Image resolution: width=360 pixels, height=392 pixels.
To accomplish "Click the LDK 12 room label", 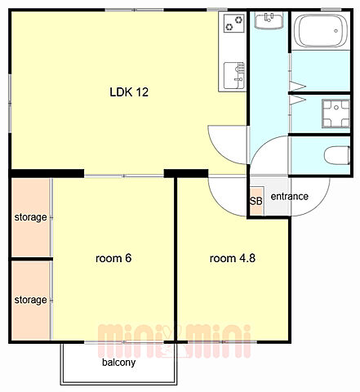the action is click(129, 92).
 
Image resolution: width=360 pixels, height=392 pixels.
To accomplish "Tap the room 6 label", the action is click(113, 258).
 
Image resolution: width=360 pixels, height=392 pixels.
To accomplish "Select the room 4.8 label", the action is click(233, 258).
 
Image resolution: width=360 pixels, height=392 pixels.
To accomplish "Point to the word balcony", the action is click(118, 363).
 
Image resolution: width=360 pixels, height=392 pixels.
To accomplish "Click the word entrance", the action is click(290, 196).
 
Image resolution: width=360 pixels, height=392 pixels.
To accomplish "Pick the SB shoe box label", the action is click(256, 201).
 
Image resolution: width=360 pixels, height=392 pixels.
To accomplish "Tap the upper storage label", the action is click(30, 217).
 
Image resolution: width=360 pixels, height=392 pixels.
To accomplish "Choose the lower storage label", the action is click(30, 300).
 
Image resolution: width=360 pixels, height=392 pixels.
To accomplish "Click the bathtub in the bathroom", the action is click(321, 30).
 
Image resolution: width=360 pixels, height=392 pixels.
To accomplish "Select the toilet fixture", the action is click(337, 155).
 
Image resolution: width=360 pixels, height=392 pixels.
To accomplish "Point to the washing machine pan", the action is click(336, 114).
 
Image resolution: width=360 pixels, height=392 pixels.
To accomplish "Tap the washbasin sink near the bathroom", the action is click(269, 20).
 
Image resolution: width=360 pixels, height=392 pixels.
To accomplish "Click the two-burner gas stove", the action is click(234, 23).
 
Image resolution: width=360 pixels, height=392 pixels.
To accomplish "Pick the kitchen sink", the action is click(234, 76).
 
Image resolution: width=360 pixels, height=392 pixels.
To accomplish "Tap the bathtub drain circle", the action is click(336, 31).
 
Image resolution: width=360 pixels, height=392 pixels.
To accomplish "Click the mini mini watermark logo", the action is click(174, 341).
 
